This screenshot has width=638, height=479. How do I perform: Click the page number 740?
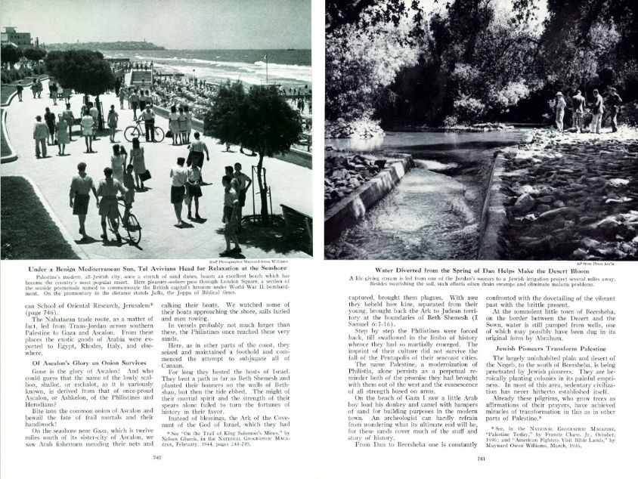click(156, 457)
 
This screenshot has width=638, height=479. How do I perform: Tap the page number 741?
click(481, 457)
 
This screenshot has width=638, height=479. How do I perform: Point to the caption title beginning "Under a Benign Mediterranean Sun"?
click(156, 268)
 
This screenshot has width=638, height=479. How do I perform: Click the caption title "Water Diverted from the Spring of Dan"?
click(481, 269)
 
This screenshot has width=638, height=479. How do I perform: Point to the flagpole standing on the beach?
click(265, 66)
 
